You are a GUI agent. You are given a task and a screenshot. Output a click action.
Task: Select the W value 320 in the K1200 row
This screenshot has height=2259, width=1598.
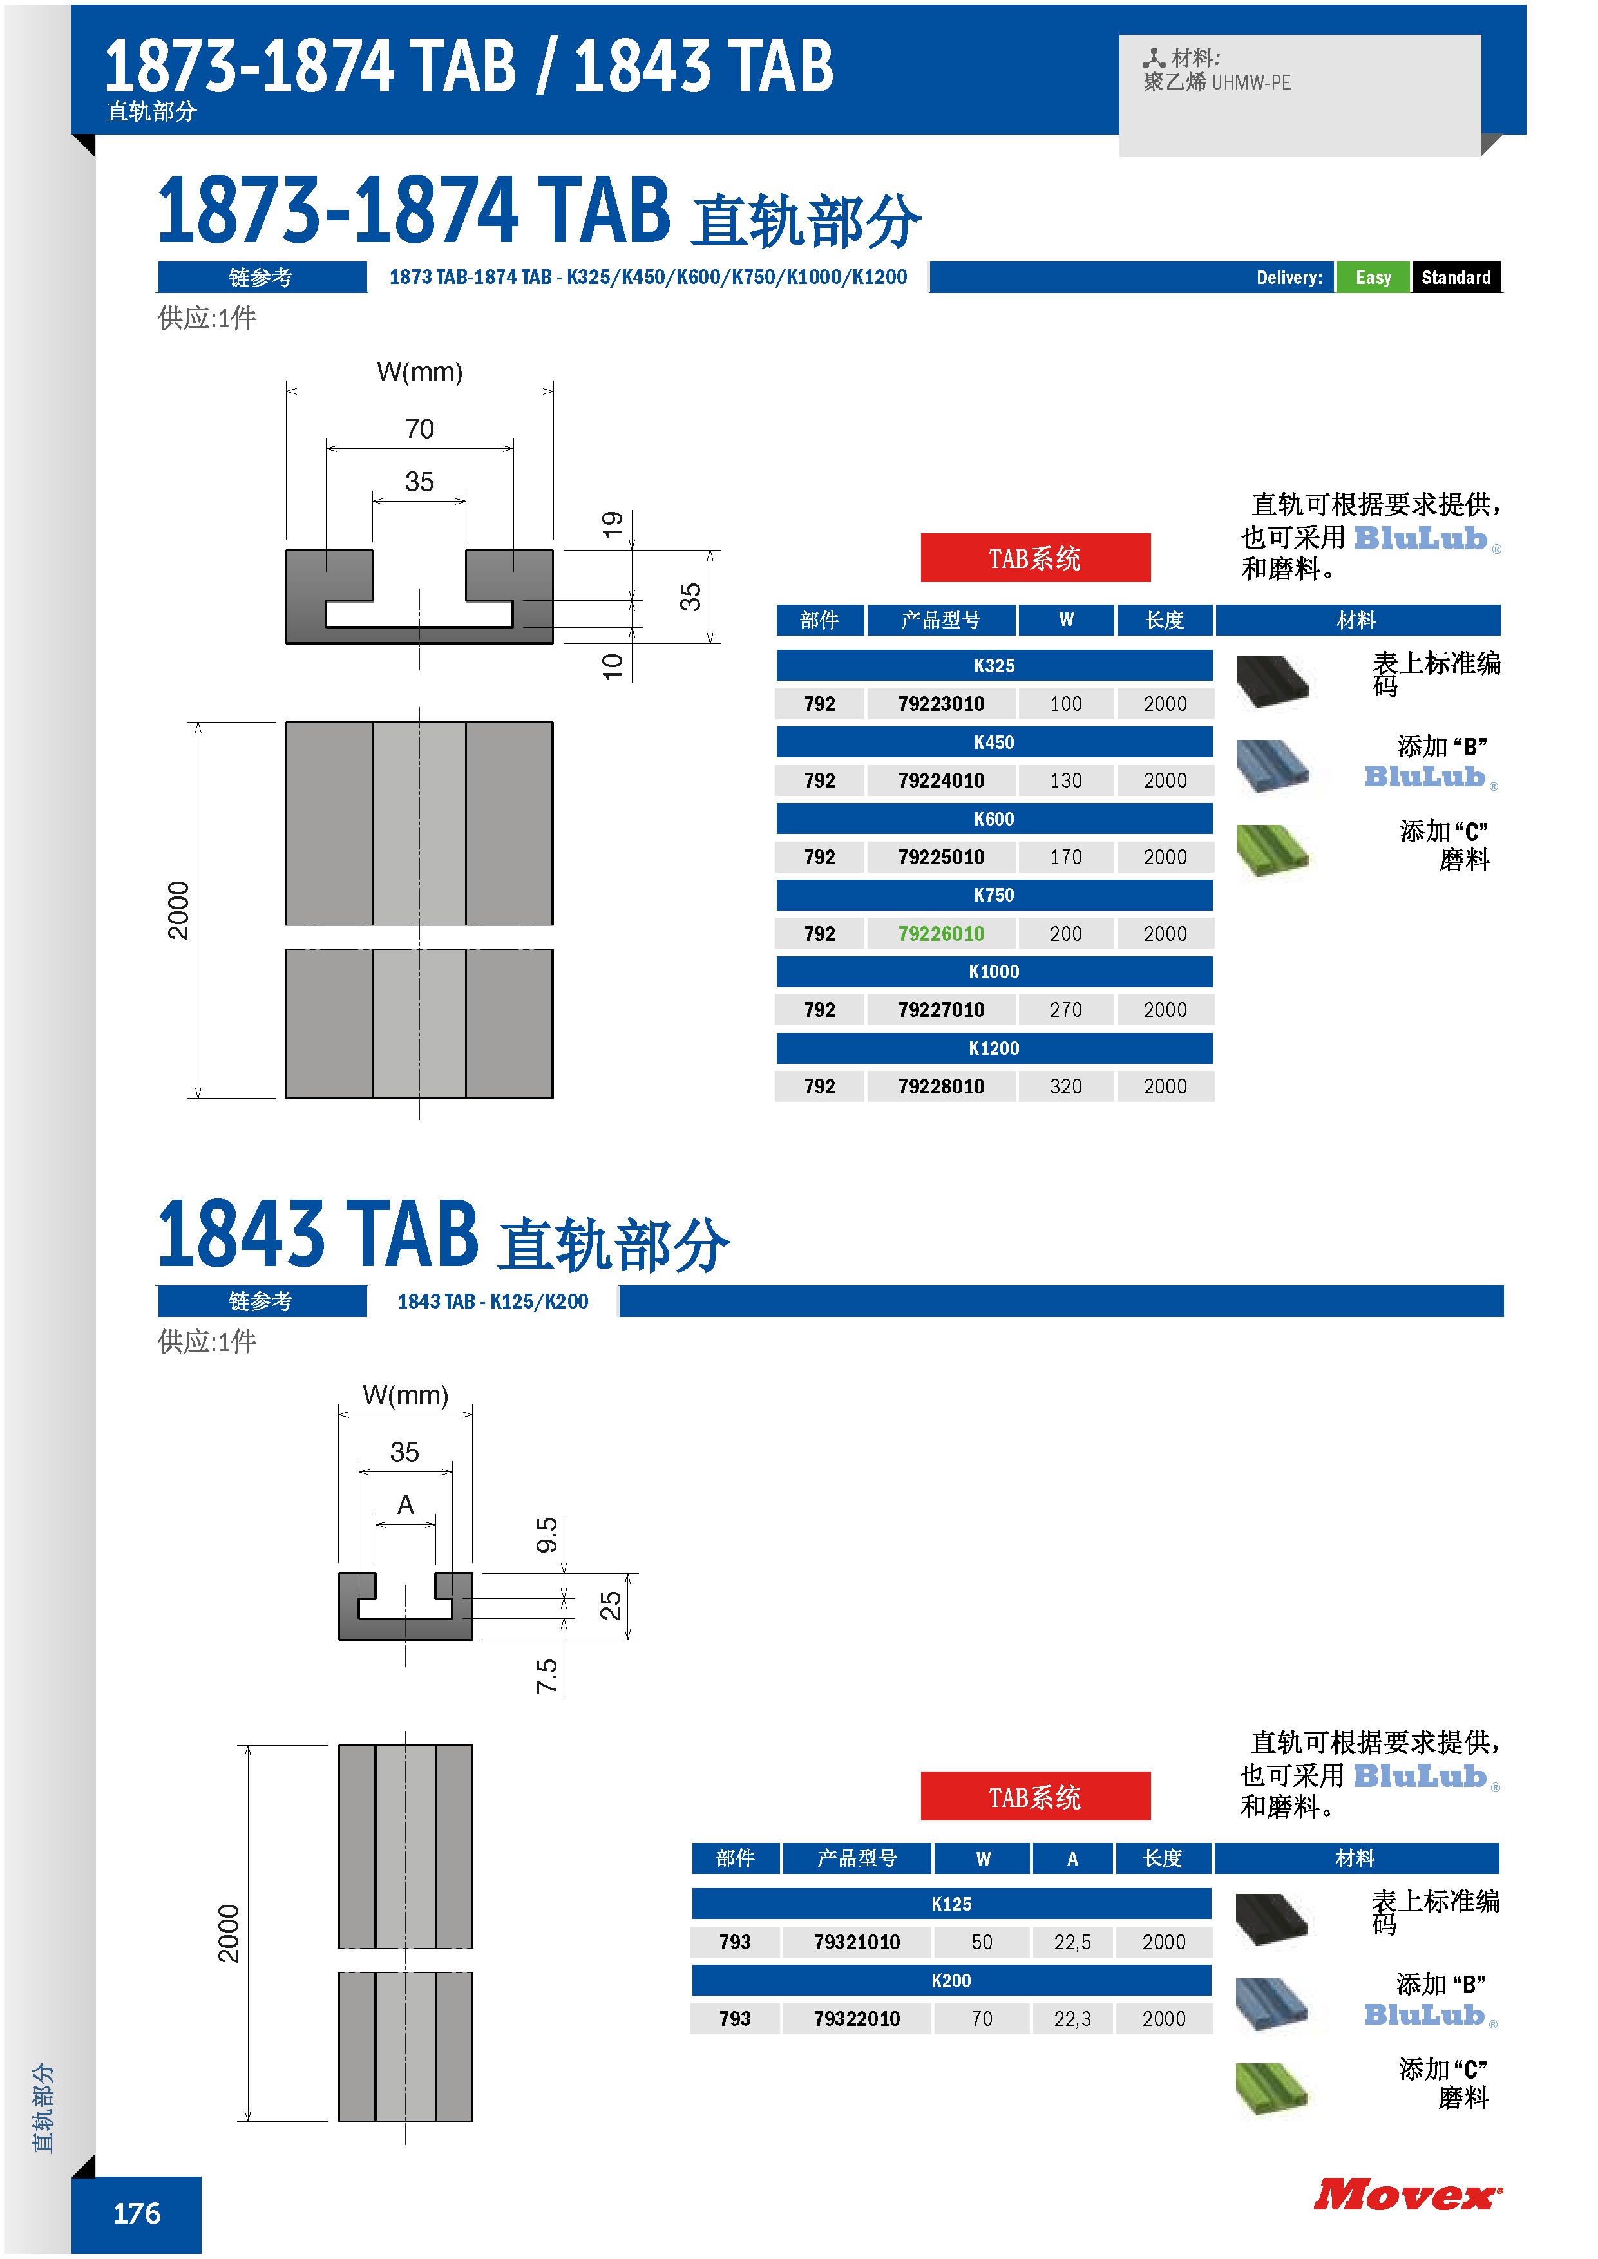(x=1066, y=1086)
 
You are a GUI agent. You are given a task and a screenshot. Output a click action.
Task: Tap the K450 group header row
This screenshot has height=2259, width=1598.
(x=994, y=742)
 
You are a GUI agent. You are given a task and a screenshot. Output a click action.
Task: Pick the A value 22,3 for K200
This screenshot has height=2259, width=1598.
(x=1072, y=2018)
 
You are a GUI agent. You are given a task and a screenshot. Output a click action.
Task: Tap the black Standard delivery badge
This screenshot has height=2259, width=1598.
(x=1456, y=278)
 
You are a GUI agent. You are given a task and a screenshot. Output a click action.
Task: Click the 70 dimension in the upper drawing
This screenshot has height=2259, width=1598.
(x=419, y=429)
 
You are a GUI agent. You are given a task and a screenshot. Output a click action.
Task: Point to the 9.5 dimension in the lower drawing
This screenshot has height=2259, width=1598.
(x=547, y=1534)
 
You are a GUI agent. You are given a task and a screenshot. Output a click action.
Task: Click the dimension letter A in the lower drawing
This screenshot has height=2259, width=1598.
(x=405, y=1504)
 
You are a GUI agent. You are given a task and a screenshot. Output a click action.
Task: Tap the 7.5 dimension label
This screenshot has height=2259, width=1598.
(x=547, y=1676)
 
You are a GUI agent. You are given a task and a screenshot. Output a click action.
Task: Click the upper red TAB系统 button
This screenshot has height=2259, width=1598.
(x=1035, y=558)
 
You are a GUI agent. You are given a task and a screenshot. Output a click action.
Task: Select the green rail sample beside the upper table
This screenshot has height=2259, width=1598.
(x=1272, y=850)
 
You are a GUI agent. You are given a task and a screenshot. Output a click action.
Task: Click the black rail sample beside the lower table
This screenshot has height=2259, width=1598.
(x=1271, y=1920)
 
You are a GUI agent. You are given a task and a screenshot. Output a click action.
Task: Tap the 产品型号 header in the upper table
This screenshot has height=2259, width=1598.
(x=940, y=620)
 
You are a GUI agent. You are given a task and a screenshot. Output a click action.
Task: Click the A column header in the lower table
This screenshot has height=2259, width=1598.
(x=1072, y=1858)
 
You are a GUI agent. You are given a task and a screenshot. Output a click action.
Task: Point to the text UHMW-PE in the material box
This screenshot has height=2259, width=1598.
(x=1251, y=82)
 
